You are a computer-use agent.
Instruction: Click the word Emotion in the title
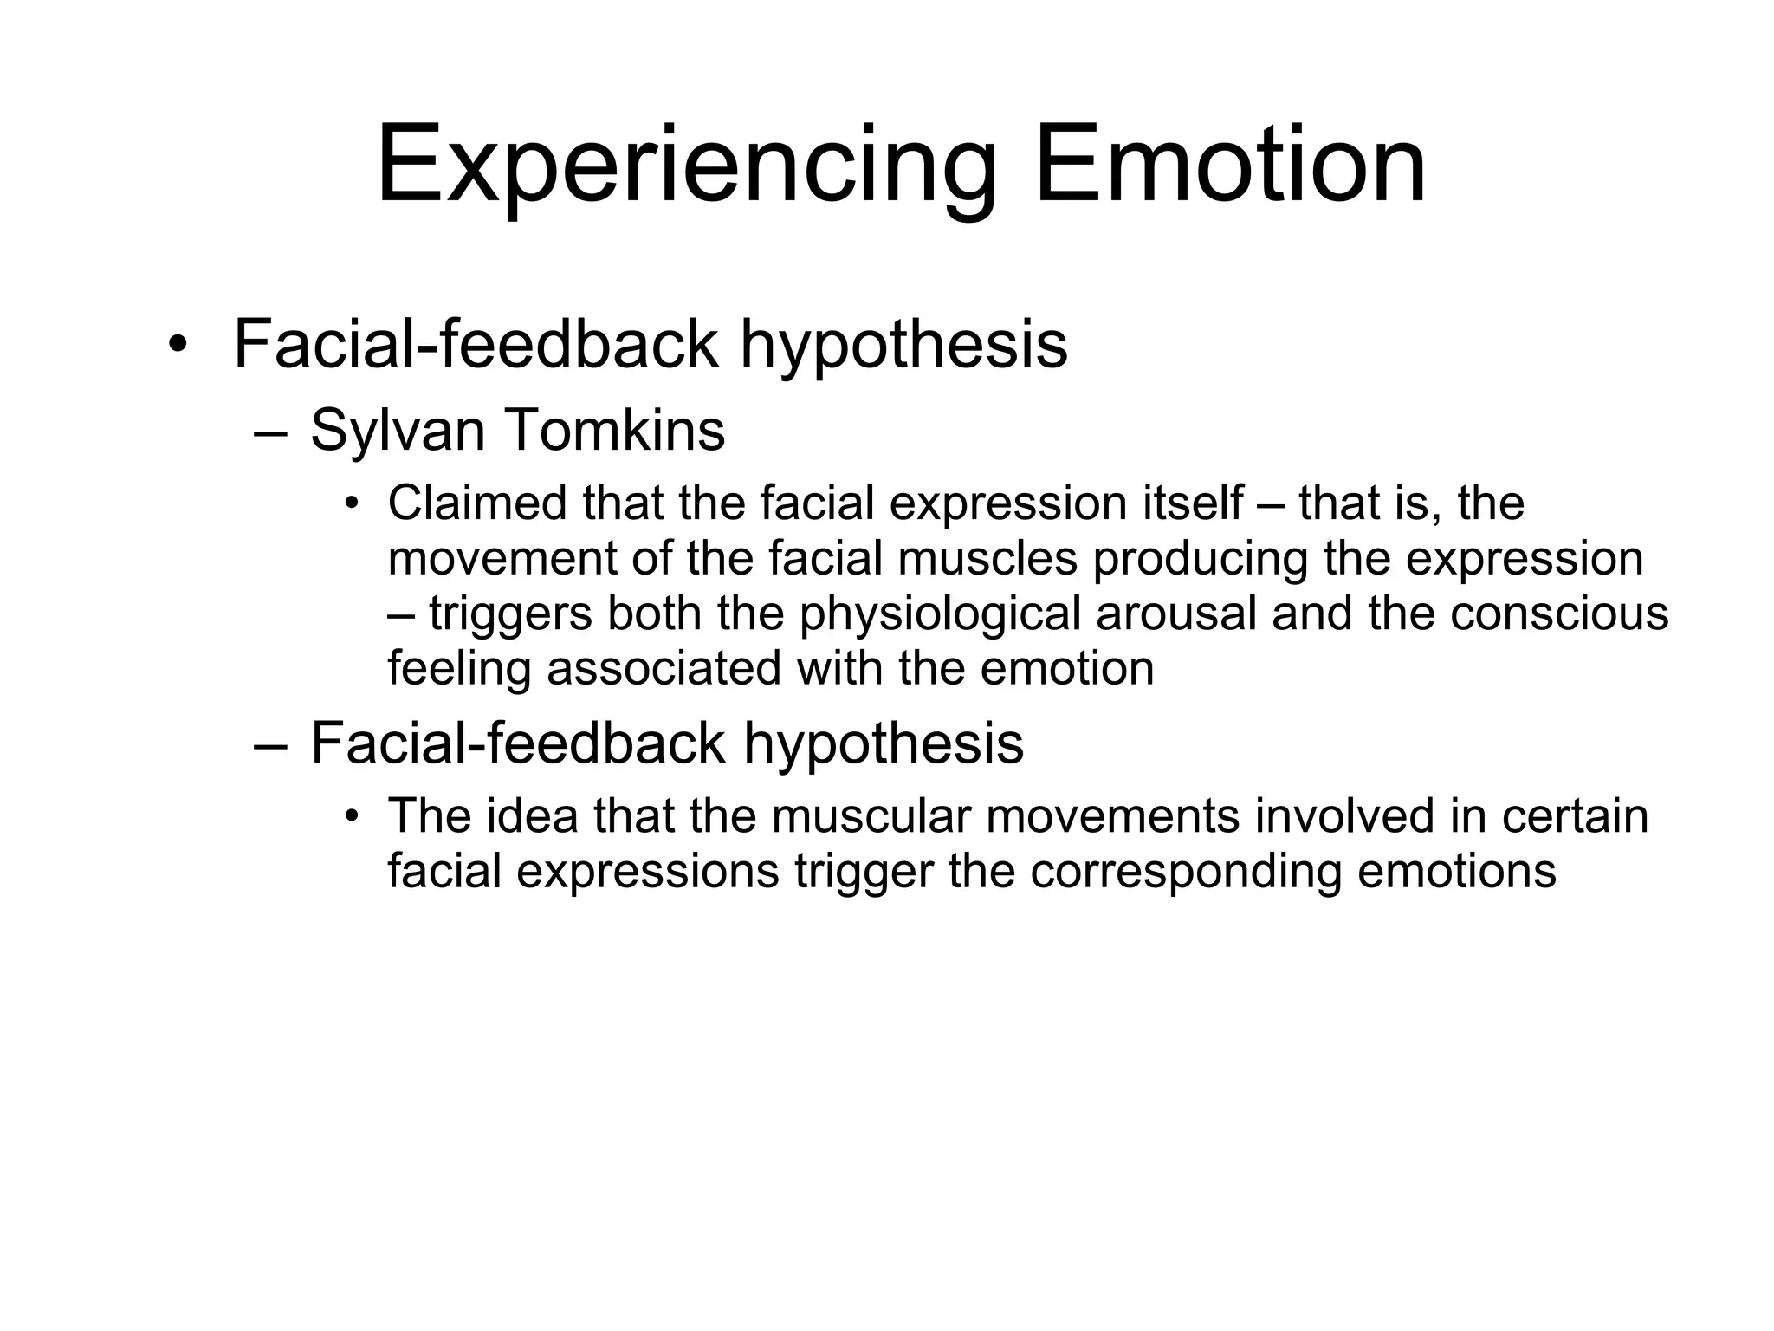pos(1230,165)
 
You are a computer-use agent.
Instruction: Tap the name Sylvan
pos(398,431)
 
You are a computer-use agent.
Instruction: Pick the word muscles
pos(987,558)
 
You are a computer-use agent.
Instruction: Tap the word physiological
pos(941,614)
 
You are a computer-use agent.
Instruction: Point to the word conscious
pos(1559,614)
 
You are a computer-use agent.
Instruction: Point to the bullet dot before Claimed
pos(351,503)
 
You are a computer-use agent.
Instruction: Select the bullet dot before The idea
pos(351,816)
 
